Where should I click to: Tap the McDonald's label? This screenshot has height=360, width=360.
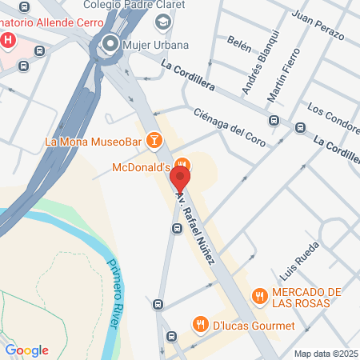[141, 168]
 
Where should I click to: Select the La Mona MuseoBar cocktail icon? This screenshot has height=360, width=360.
[154, 142]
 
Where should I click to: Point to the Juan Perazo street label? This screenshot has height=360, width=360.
[318, 26]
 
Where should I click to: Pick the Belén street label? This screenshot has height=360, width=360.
[239, 41]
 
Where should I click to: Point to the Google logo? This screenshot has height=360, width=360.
[27, 350]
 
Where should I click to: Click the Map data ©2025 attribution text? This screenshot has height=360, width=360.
[326, 354]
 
